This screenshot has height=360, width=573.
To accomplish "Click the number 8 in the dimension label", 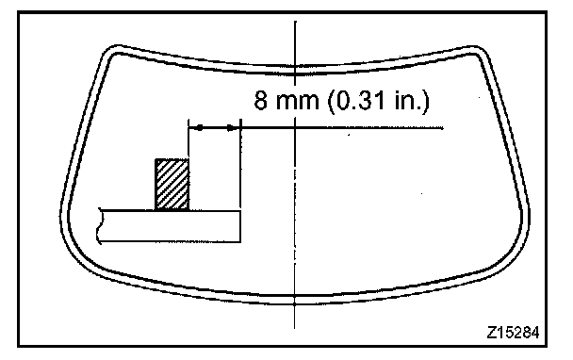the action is coord(260,100).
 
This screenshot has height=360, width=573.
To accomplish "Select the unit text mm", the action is coord(297,103).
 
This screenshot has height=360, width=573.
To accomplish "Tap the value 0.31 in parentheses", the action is coord(356,100).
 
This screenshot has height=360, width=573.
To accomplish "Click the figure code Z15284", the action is coord(513,333).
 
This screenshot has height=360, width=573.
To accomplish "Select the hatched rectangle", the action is coord(172,184).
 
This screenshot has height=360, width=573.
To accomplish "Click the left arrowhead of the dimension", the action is coord(198,128).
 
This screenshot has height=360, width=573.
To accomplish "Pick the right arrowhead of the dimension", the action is coord(232,128).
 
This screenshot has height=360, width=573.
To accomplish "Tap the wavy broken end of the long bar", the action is coord(99,225).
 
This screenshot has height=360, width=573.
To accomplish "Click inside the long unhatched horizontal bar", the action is coord(170,226).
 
